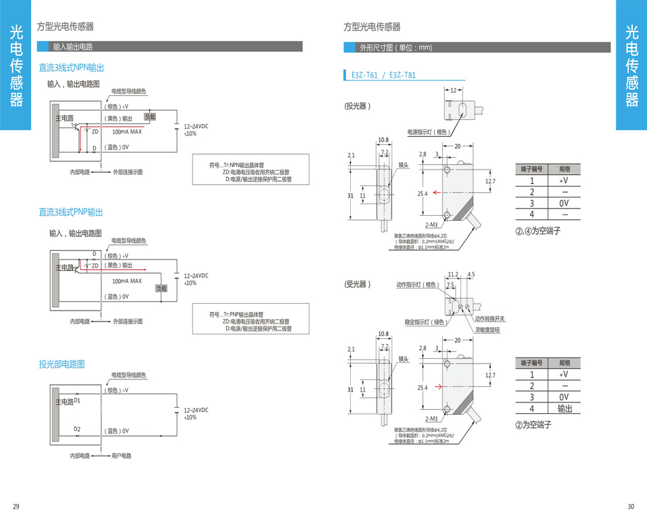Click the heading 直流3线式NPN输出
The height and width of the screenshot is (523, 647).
[x=72, y=68]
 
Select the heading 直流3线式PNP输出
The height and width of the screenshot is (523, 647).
[x=71, y=212]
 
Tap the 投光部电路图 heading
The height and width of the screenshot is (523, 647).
[x=62, y=364]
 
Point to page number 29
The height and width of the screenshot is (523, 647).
[x=16, y=506]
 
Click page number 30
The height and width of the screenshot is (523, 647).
[x=631, y=506]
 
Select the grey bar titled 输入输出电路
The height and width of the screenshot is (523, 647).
[x=73, y=47]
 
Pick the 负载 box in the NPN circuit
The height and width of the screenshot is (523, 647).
[x=150, y=117]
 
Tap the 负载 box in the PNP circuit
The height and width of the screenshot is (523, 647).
[x=161, y=289]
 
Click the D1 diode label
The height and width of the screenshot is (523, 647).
[x=77, y=400]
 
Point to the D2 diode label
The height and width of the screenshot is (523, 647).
[x=77, y=429]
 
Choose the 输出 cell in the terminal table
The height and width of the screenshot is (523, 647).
[x=565, y=409]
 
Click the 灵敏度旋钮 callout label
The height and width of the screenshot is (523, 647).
[x=488, y=330]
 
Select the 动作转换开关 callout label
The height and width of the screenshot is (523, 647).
[x=490, y=319]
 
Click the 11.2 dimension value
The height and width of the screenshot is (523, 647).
[x=454, y=275]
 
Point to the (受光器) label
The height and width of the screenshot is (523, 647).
[x=358, y=284]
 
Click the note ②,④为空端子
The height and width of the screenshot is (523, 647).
[x=537, y=232]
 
